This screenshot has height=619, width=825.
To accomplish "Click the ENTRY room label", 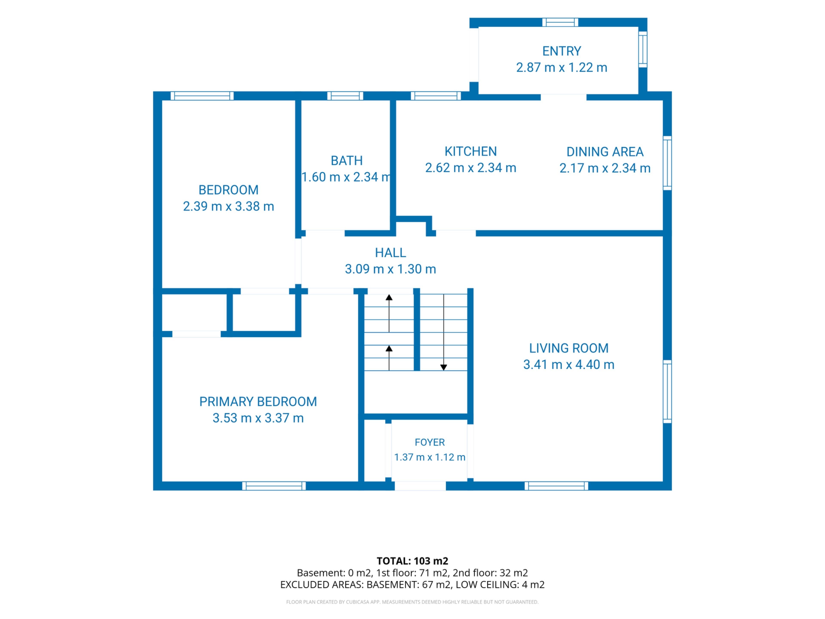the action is (561, 51).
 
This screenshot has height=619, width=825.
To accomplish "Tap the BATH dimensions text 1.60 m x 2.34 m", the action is (346, 177).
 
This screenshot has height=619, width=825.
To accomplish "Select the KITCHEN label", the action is (471, 152).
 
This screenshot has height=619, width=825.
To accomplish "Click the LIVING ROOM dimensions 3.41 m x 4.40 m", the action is (569, 365).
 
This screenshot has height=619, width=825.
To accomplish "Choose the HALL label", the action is (391, 253).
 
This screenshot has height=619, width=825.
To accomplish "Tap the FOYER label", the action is (430, 443).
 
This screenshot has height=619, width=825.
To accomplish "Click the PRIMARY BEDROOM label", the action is (258, 402).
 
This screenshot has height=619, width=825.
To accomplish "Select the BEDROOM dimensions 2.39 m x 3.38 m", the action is (229, 206).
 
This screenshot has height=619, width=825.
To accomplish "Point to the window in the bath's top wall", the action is (345, 96).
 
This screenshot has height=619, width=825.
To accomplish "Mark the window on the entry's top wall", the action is (560, 22).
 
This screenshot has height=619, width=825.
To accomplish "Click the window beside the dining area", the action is (667, 163).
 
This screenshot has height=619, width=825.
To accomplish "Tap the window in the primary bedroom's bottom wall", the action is (274, 486).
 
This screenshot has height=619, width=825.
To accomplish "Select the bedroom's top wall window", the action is (202, 96).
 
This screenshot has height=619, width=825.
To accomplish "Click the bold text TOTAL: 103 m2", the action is (412, 561).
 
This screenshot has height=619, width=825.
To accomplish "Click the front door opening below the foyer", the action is (420, 486).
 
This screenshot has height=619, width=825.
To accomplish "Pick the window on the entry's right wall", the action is (643, 49).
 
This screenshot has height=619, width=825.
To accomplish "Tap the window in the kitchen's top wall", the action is (436, 96).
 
